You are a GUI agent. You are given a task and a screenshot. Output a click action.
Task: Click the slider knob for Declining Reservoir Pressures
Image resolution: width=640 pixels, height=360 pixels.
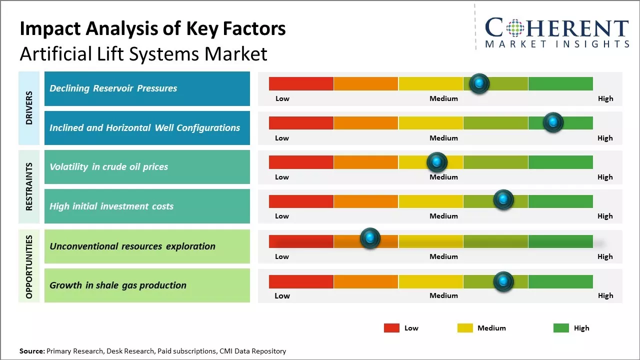479,83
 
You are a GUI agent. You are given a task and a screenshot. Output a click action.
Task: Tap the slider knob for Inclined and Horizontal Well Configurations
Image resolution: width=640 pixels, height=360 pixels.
553,122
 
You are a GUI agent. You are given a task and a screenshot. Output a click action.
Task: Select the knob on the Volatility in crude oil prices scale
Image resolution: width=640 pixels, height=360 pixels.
437,161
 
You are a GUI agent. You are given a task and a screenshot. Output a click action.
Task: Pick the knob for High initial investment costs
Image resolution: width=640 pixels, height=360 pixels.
503,199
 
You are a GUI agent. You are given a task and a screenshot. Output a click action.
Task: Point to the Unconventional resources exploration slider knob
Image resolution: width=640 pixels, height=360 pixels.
370,238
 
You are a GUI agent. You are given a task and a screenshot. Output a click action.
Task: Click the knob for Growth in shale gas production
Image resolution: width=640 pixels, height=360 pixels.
503,281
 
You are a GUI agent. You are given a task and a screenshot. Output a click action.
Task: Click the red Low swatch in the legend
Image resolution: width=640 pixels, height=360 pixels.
391,328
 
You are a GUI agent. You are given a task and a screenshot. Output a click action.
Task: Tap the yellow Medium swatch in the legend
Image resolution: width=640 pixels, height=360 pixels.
465,328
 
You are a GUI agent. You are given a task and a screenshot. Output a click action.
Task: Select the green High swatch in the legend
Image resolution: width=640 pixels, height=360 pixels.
561,328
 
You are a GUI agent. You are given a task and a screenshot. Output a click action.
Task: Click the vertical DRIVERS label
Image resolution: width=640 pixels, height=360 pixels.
29,108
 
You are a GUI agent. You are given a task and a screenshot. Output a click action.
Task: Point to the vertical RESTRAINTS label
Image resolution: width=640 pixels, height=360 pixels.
29,186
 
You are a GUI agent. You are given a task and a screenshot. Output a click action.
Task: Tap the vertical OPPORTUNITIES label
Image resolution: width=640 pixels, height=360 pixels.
29,266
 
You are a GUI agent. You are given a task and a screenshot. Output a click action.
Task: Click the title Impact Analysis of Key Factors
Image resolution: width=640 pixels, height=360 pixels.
152,29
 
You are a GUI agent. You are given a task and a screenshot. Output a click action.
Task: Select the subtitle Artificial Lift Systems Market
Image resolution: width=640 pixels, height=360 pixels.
143,54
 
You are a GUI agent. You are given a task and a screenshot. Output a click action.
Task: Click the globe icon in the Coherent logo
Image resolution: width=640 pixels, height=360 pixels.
514,28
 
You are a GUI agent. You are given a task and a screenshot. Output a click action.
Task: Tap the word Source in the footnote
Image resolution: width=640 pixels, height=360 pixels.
31,351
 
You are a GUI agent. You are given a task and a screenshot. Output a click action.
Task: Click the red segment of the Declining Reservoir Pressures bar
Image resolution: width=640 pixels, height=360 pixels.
301,83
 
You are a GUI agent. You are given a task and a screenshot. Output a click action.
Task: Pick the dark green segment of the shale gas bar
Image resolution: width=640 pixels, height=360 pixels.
560,281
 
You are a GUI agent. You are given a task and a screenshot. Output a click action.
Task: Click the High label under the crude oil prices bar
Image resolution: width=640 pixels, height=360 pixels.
605,177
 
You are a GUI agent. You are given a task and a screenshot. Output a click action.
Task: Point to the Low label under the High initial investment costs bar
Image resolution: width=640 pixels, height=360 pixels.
282,216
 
